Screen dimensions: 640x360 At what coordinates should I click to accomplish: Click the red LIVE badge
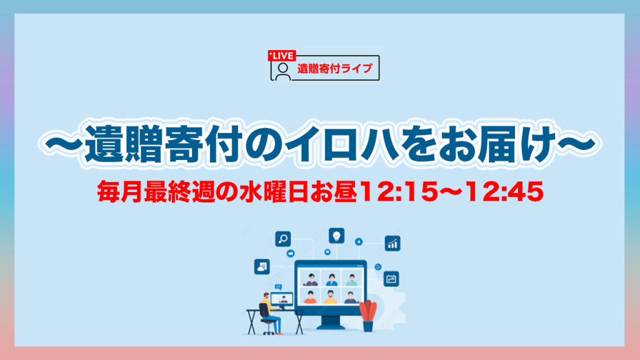(x=282, y=56)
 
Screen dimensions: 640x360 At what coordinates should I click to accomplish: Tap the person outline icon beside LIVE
(x=283, y=71)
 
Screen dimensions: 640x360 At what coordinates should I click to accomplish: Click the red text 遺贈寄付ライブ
(x=335, y=69)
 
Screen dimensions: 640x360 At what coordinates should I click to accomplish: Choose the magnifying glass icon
(x=283, y=238)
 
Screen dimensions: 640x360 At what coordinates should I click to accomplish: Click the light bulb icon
(x=336, y=236)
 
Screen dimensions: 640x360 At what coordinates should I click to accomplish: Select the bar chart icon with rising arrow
(x=392, y=243)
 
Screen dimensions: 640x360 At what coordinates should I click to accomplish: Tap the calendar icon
(x=391, y=279)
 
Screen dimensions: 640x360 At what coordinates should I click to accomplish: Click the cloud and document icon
(x=262, y=267)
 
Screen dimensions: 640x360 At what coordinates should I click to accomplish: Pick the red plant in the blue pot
(x=367, y=316)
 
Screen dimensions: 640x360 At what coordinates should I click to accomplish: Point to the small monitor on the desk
(x=282, y=300)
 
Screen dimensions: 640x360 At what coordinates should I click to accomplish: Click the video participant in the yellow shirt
(x=330, y=297)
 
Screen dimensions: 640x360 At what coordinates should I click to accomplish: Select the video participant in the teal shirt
(x=351, y=280)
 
